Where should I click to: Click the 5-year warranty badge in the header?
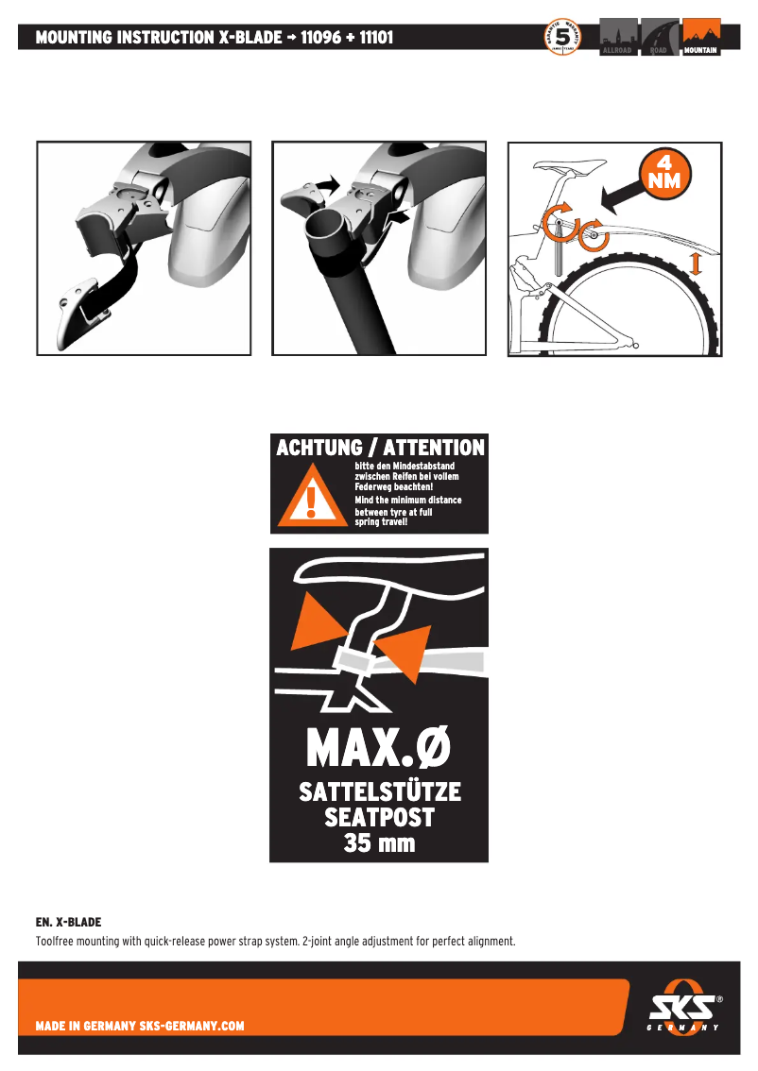(562, 38)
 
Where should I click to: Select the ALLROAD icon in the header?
(619, 38)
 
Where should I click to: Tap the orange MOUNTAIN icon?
(701, 38)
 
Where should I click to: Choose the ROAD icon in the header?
(660, 38)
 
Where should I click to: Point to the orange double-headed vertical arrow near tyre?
(697, 263)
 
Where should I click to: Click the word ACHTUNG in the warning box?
(319, 448)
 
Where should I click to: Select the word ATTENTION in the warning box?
(434, 448)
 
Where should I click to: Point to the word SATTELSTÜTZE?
(380, 791)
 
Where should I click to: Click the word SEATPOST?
(379, 817)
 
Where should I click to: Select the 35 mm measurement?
(379, 842)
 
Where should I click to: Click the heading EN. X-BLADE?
(68, 921)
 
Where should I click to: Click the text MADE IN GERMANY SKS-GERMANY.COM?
(140, 1026)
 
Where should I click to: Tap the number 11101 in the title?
(376, 38)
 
